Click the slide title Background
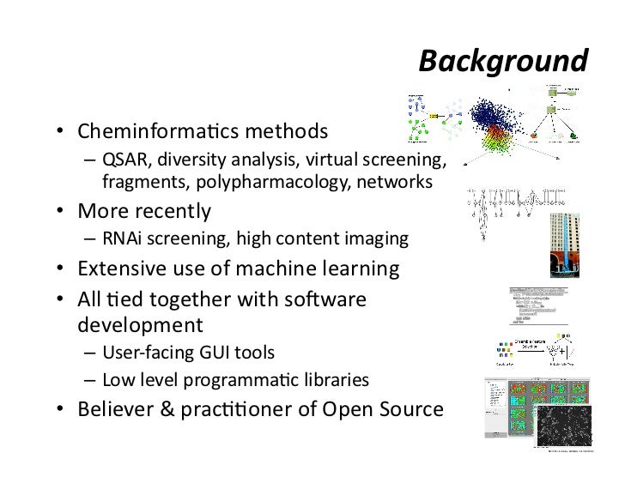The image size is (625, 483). (x=503, y=62)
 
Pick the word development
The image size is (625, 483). (x=141, y=326)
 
